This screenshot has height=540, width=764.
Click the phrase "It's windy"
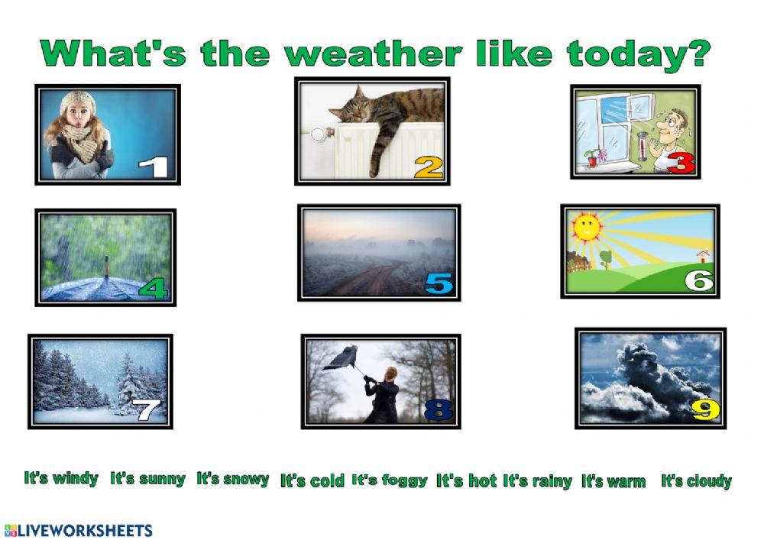(x=61, y=478)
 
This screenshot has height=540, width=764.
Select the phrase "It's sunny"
(x=147, y=479)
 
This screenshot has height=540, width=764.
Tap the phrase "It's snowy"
(x=233, y=479)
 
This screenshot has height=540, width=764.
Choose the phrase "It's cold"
(x=312, y=480)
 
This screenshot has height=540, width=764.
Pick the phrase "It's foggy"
(x=390, y=480)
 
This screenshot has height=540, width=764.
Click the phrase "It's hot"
(x=466, y=480)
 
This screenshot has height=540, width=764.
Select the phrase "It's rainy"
(x=537, y=481)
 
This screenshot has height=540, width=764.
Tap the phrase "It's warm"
(x=613, y=481)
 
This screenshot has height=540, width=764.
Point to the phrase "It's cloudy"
(x=696, y=481)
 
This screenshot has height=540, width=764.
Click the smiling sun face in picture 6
(x=587, y=226)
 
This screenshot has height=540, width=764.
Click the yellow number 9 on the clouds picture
(x=705, y=409)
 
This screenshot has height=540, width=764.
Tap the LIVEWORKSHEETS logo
(x=78, y=529)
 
